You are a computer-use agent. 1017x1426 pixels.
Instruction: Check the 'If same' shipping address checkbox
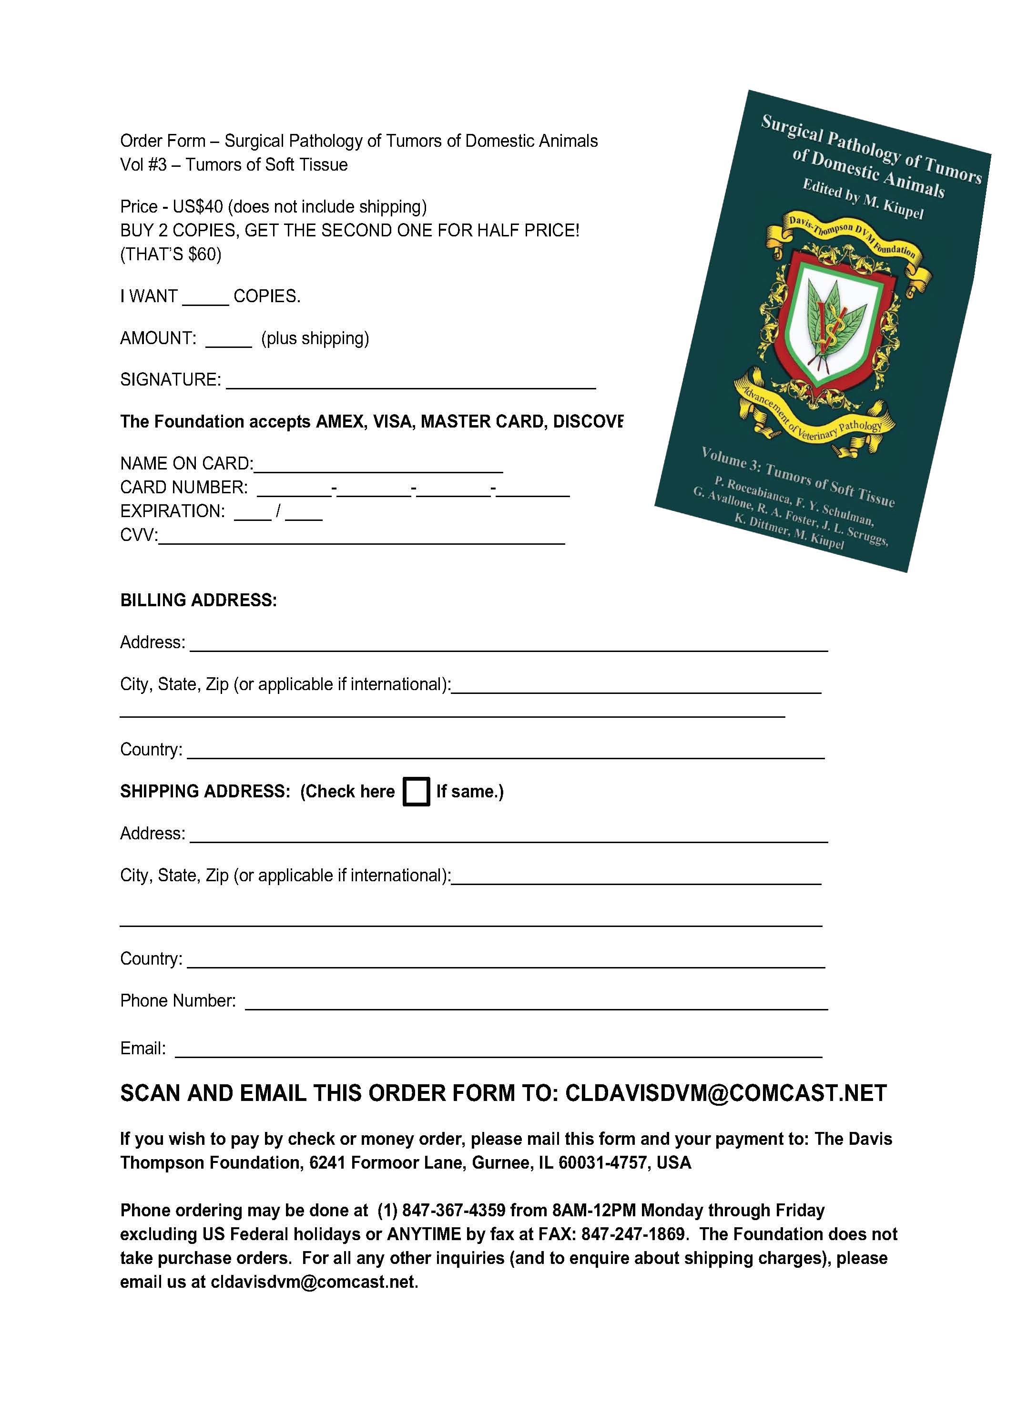[416, 791]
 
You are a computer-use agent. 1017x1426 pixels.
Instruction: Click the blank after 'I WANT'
[205, 298]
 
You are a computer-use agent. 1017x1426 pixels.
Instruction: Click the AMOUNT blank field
[228, 340]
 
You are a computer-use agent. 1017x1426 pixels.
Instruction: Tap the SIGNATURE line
[410, 382]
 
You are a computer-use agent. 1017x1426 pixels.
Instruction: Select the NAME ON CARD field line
[378, 465]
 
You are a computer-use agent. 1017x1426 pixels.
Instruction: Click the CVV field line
[361, 537]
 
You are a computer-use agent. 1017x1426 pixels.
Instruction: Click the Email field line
[498, 1050]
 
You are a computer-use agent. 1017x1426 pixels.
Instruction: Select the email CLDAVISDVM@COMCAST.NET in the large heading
[726, 1093]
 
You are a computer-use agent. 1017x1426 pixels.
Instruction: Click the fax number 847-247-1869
[632, 1234]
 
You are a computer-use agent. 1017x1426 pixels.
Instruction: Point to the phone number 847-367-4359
[453, 1210]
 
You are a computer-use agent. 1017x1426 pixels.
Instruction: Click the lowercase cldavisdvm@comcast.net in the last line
[313, 1282]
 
